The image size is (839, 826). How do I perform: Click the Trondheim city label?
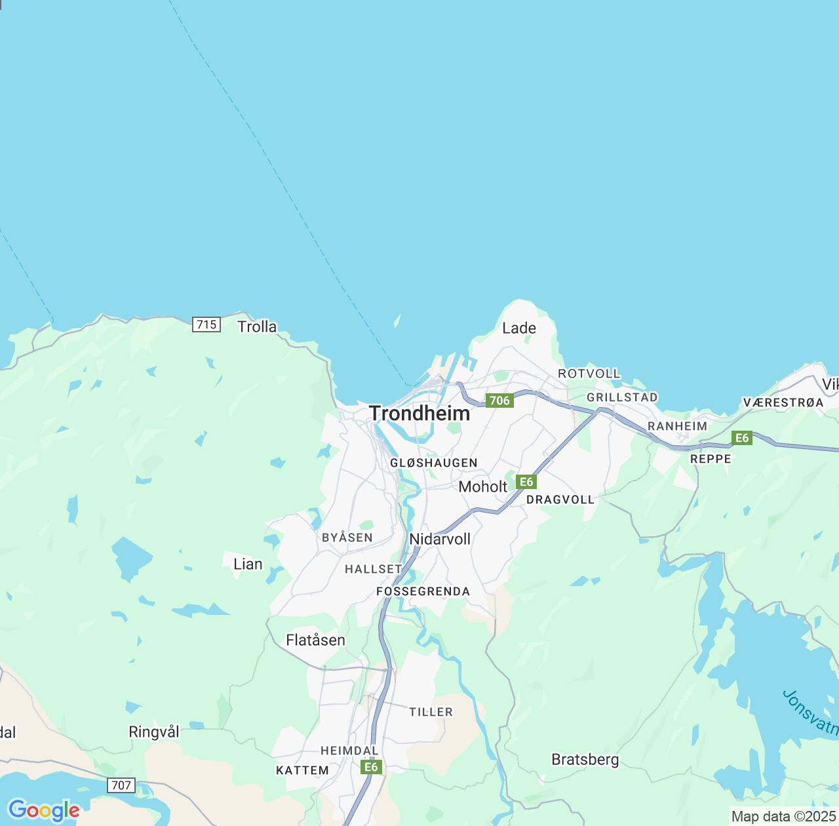tap(419, 414)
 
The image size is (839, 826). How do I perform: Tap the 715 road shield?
tap(206, 324)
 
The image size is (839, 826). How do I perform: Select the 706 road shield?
tap(499, 401)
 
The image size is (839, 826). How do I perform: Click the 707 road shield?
tap(121, 785)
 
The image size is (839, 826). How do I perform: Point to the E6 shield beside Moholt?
tap(526, 482)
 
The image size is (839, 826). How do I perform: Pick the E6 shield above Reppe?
tap(741, 439)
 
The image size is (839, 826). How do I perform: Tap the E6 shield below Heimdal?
tap(371, 767)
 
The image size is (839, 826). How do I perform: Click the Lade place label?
tap(519, 328)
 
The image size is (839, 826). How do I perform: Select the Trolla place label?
tap(257, 327)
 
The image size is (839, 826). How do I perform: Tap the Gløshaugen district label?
tap(434, 463)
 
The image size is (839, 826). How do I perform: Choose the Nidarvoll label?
tap(440, 540)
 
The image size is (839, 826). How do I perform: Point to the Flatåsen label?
tap(315, 640)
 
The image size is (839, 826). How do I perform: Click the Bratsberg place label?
tap(585, 760)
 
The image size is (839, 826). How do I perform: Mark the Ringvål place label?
tap(154, 732)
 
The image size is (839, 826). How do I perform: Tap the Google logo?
tap(44, 810)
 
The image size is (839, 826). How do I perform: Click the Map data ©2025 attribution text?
tap(783, 817)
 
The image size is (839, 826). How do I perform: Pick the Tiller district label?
tap(431, 713)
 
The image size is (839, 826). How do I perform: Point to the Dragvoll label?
tap(560, 500)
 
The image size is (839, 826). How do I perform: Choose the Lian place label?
tap(248, 564)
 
